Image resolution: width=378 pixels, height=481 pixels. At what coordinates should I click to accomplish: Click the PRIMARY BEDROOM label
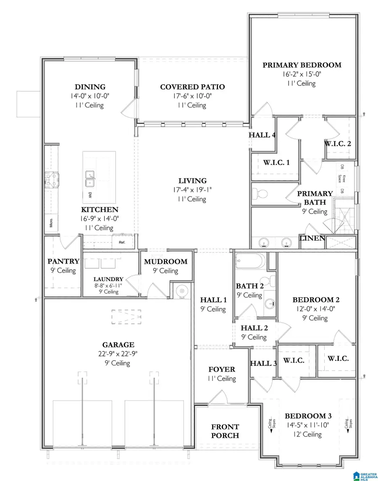tap(302, 65)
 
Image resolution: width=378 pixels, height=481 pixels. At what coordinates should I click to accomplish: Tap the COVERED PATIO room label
tap(192, 87)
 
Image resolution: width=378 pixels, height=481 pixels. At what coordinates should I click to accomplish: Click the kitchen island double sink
tap(90, 178)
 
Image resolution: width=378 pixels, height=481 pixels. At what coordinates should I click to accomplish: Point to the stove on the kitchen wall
tap(52, 180)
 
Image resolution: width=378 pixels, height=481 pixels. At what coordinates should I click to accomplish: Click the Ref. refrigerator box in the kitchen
tap(123, 242)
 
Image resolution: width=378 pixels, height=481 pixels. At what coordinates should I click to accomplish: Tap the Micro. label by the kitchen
tap(50, 222)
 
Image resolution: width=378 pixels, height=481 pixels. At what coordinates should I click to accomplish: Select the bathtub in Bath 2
tap(250, 262)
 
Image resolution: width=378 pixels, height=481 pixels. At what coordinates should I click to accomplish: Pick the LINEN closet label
tap(312, 238)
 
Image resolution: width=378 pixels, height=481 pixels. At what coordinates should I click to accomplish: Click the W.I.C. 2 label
tap(337, 143)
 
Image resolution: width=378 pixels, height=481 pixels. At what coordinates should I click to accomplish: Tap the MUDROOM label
tap(165, 262)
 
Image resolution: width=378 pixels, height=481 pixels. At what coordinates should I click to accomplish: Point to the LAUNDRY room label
tap(108, 279)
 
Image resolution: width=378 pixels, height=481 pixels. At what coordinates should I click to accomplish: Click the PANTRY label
tap(63, 262)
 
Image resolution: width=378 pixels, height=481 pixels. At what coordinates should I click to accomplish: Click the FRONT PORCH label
tap(225, 431)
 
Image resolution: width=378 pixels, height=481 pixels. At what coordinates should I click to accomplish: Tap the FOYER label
tap(222, 370)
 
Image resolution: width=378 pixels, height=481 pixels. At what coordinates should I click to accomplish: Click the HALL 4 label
tap(262, 135)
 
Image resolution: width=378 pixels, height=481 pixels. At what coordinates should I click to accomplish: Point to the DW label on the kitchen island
tap(90, 195)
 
